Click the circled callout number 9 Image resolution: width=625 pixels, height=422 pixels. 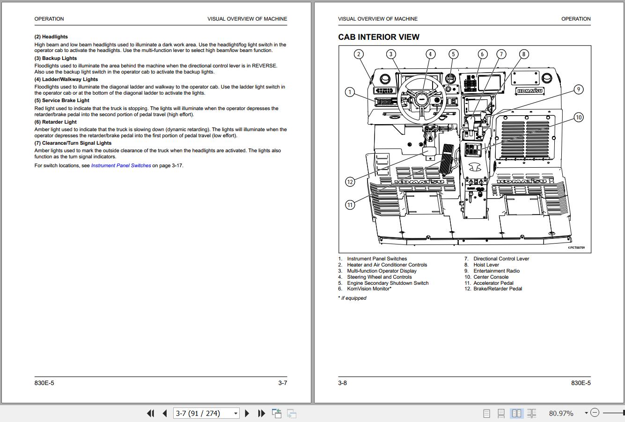(x=578, y=89)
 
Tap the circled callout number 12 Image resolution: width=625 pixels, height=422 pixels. (x=350, y=182)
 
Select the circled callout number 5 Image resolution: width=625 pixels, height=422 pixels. (x=453, y=54)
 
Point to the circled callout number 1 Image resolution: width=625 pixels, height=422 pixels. (x=350, y=92)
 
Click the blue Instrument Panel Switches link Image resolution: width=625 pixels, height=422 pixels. (x=121, y=165)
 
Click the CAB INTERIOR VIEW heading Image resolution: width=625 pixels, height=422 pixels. (x=379, y=37)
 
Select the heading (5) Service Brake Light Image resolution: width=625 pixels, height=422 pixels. (x=62, y=101)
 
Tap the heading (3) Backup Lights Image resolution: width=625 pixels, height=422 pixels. (x=56, y=59)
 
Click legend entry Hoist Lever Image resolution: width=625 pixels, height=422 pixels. (x=486, y=265)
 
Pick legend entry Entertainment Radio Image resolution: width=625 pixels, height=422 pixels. (x=496, y=271)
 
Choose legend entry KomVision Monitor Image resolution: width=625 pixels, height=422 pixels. (x=369, y=289)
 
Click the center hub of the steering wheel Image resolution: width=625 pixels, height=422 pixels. (x=422, y=99)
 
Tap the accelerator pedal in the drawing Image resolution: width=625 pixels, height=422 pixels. (x=447, y=160)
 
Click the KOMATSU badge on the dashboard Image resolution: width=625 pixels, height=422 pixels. (x=529, y=91)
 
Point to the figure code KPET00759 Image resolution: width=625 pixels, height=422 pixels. (x=576, y=248)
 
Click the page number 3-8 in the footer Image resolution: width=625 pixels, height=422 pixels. (x=342, y=383)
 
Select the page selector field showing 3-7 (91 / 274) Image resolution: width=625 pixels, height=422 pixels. (x=206, y=413)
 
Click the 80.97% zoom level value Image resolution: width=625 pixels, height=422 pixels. (x=561, y=413)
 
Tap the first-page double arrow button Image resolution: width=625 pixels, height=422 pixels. (x=151, y=413)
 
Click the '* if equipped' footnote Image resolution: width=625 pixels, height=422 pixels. (x=352, y=298)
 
